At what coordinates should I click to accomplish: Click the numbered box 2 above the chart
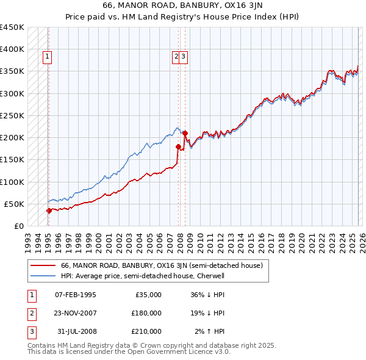coord(176,57)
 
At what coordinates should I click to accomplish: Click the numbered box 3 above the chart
coord(183,57)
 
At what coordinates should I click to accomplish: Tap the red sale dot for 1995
coord(49,211)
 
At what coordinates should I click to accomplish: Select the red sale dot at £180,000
coord(179,146)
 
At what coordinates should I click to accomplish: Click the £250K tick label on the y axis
coord(12,115)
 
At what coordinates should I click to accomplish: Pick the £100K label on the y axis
coord(12,182)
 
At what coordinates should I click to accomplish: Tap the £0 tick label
coord(18,226)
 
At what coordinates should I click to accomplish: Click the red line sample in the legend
coord(41,266)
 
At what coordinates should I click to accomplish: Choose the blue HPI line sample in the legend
coord(41,276)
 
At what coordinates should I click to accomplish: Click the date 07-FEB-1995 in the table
coord(75,295)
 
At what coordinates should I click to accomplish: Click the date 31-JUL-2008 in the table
coord(75,331)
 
